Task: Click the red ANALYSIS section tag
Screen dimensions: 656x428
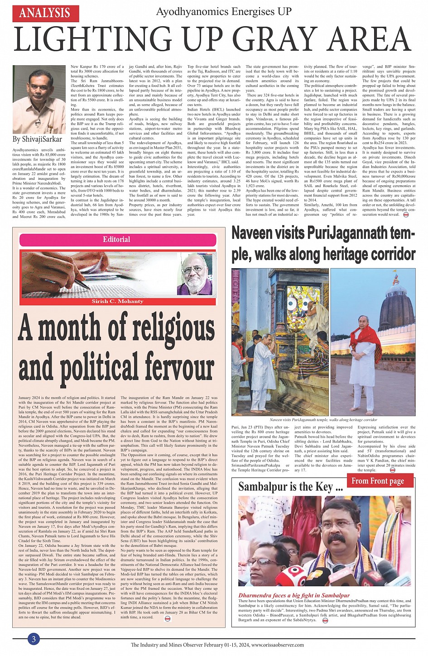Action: click(46, 13)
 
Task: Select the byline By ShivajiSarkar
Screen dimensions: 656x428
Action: click(38, 139)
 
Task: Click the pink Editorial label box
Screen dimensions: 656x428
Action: click(116, 239)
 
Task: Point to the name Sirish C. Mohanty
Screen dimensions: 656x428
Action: click(117, 301)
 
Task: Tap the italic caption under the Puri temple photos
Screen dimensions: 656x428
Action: click(323, 420)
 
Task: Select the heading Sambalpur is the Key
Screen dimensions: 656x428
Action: click(290, 487)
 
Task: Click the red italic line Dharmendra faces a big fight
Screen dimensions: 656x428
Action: click(294, 595)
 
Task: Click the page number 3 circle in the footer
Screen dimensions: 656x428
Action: click(34, 639)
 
